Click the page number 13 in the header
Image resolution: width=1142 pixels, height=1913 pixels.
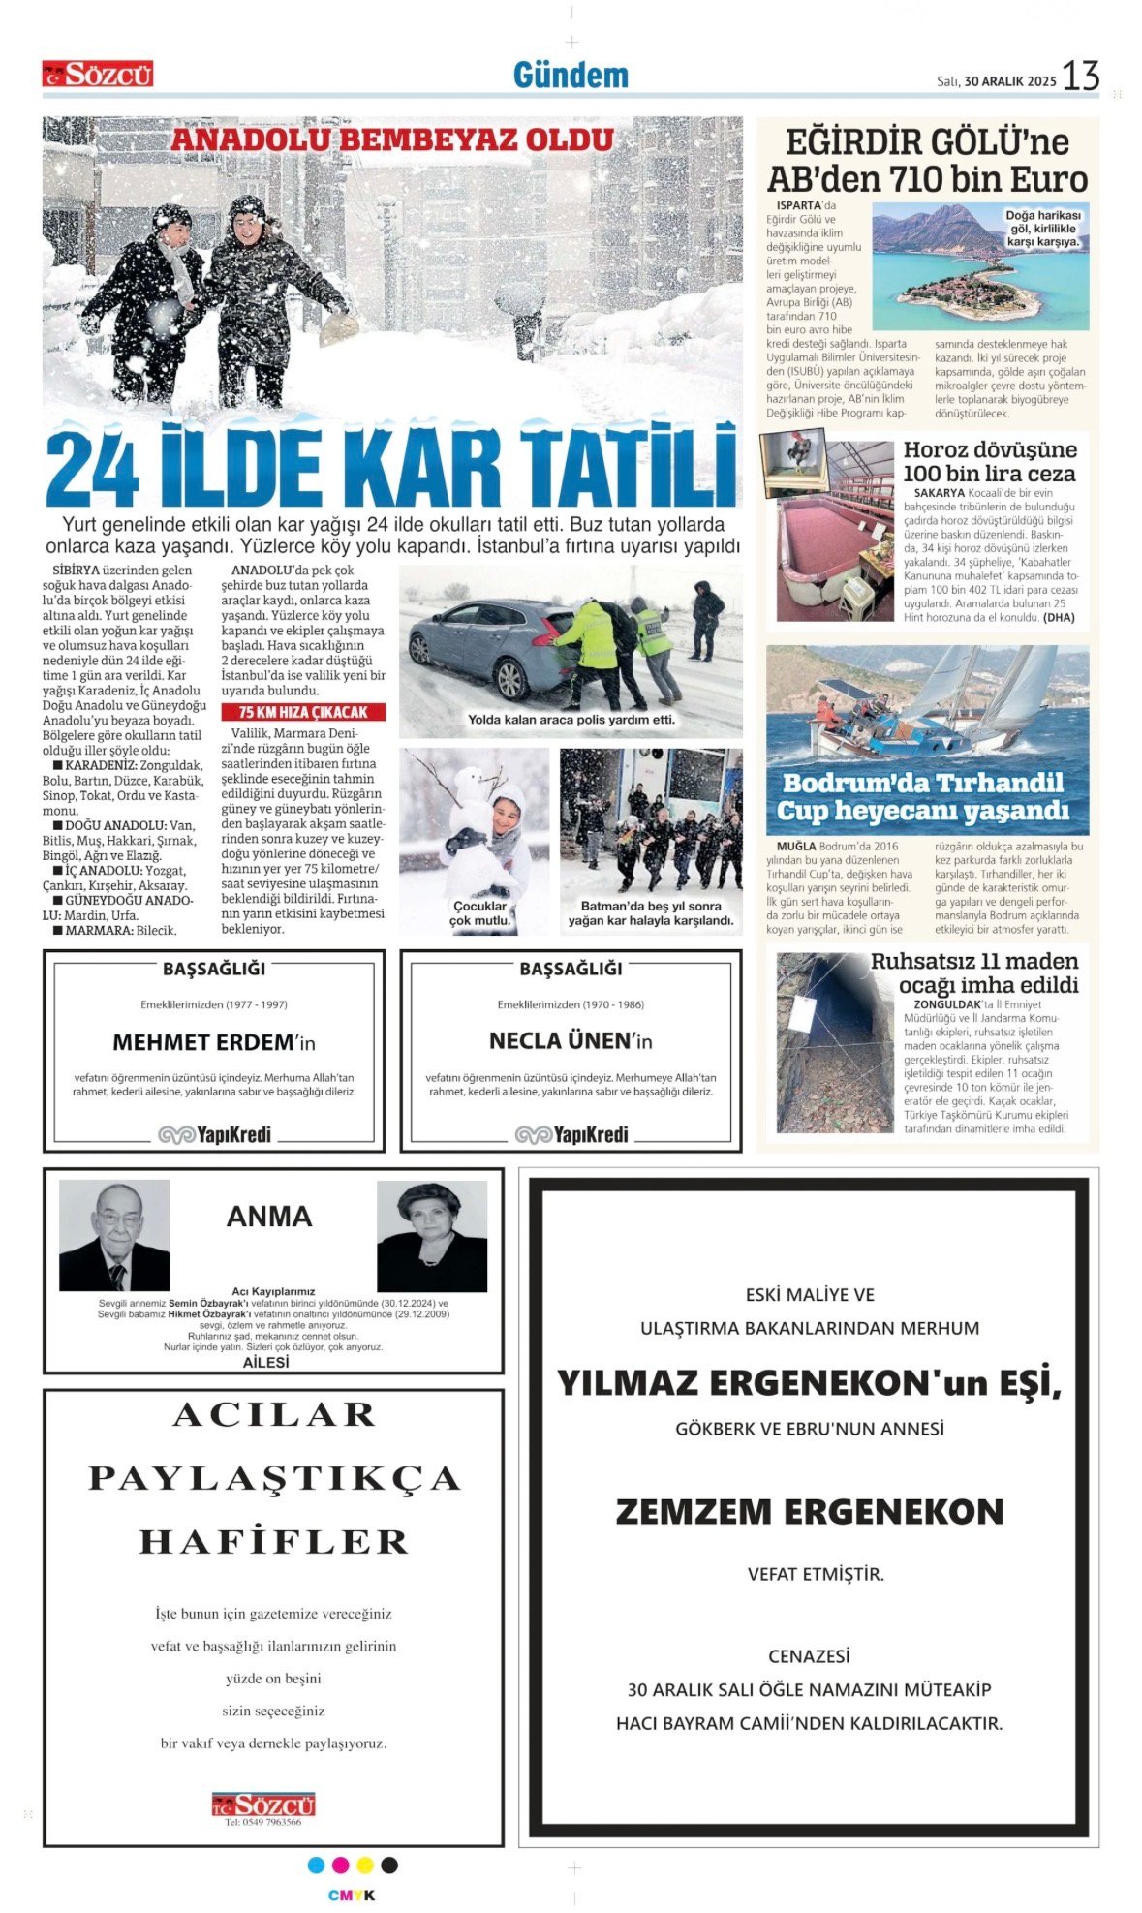pyautogui.click(x=1080, y=76)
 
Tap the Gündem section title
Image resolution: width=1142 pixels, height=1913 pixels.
pyautogui.click(x=571, y=76)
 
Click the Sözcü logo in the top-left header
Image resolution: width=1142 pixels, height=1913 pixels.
pyautogui.click(x=98, y=75)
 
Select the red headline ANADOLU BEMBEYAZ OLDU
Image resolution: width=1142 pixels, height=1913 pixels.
pyautogui.click(x=391, y=139)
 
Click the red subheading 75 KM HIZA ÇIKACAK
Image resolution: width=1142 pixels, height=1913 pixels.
pyautogui.click(x=303, y=712)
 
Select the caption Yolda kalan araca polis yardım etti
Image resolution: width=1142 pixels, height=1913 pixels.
pyautogui.click(x=571, y=720)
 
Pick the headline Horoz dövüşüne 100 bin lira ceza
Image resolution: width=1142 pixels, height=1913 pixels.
pyautogui.click(x=989, y=461)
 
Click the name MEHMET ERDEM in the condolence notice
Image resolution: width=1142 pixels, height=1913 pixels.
pyautogui.click(x=202, y=1042)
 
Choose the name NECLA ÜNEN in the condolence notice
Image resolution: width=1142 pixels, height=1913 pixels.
pyautogui.click(x=560, y=1041)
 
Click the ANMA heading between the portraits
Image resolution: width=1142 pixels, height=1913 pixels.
pyautogui.click(x=269, y=1217)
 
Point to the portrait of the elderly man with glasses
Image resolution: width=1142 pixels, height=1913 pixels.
pyautogui.click(x=114, y=1235)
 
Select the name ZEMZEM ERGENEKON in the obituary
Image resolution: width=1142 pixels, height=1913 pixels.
pyautogui.click(x=809, y=1512)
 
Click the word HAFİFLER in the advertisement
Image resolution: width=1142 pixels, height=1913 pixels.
pyautogui.click(x=273, y=1542)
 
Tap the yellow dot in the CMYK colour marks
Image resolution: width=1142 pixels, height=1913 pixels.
pyautogui.click(x=365, y=1866)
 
